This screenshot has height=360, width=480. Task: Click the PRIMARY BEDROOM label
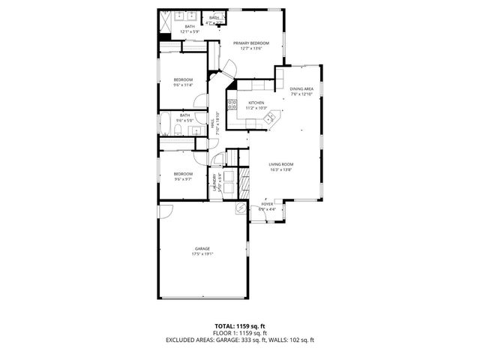tap(250, 43)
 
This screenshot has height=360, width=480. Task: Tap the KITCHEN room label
tap(256, 103)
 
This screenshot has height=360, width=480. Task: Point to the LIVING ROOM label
tap(281, 164)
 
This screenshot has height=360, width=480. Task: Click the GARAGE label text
tap(202, 248)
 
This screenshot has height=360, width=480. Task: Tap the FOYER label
tap(267, 204)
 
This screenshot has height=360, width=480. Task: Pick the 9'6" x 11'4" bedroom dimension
tap(184, 85)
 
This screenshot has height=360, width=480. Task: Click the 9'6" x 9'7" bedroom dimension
tap(184, 179)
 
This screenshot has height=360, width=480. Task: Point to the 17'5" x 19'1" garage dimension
tap(202, 254)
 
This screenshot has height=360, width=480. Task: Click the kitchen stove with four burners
tap(232, 105)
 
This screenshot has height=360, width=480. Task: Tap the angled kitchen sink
tap(272, 116)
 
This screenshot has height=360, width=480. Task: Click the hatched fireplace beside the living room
tap(244, 180)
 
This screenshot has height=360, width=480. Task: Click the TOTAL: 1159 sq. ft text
tap(239, 326)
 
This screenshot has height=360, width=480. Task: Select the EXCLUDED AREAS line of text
tap(239, 340)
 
